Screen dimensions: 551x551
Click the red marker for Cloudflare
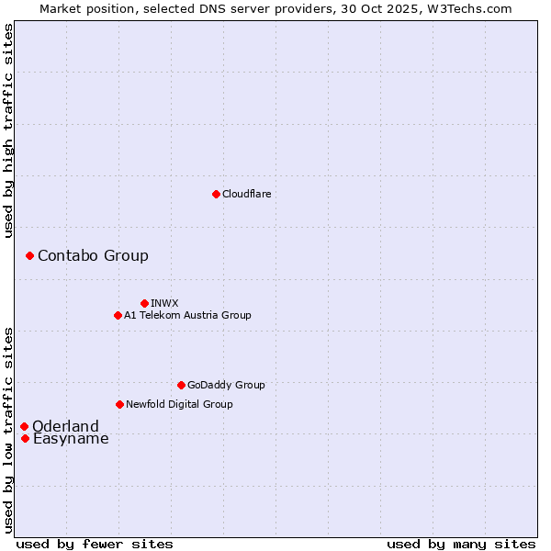click(216, 194)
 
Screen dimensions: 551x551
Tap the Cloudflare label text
click(247, 194)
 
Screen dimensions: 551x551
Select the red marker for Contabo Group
click(29, 255)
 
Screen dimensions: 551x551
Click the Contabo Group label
click(93, 255)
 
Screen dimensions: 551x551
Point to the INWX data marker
click(144, 303)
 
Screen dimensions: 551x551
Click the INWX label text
click(164, 303)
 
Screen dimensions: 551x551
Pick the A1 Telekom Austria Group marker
click(118, 315)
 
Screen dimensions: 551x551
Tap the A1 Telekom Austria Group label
click(187, 315)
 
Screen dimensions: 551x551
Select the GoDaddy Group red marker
click(181, 385)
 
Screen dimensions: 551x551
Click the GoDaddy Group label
click(226, 385)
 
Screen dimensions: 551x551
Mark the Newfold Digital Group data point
click(119, 404)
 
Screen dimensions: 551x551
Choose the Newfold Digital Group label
click(179, 404)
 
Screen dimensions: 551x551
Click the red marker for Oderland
click(24, 426)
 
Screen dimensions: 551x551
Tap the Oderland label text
click(65, 426)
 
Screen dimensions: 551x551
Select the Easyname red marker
click(25, 438)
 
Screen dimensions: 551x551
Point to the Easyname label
click(71, 438)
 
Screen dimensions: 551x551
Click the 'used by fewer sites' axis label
click(95, 544)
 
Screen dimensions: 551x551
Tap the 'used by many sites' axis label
click(461, 544)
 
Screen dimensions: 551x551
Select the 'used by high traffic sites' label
click(9, 130)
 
